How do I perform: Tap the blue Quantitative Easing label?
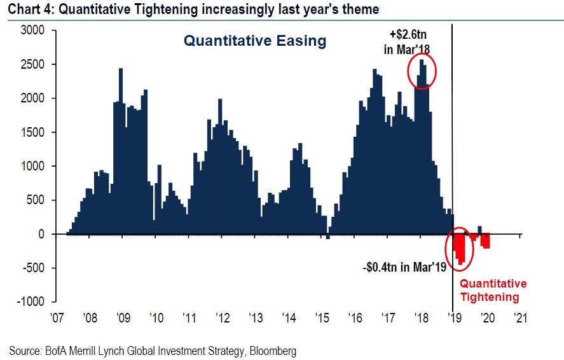pyautogui.click(x=254, y=41)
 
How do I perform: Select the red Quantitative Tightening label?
pyautogui.click(x=493, y=290)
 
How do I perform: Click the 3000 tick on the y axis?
pyautogui.click(x=32, y=31)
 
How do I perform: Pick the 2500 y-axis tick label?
pyautogui.click(x=32, y=64)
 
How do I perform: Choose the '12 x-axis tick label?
pyautogui.click(x=223, y=316)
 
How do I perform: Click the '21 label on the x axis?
pyautogui.click(x=521, y=316)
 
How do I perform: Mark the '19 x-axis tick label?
pyautogui.click(x=454, y=316)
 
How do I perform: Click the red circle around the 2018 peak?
pyautogui.click(x=422, y=70)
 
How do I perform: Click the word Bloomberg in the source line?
pyautogui.click(x=272, y=350)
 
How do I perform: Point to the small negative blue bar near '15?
pyautogui.click(x=328, y=237)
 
